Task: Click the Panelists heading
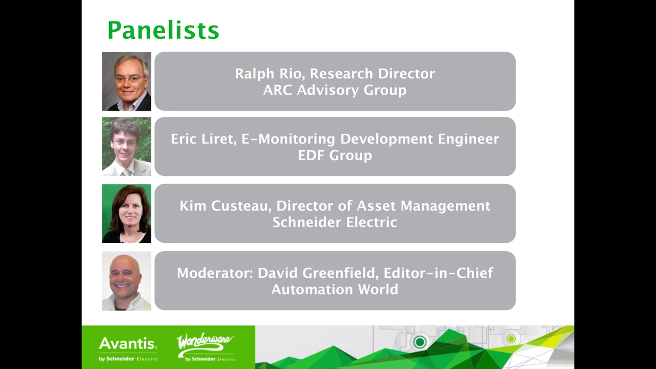tap(163, 30)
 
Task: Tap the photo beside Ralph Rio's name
tap(127, 81)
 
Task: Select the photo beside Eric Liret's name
tap(127, 147)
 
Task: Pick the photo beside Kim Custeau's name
tap(127, 213)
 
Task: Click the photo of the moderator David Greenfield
tap(127, 281)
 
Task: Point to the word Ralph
tap(254, 74)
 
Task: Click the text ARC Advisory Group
tap(335, 90)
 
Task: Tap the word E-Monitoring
tap(288, 139)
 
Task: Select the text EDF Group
tap(335, 156)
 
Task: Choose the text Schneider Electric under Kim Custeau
tap(335, 222)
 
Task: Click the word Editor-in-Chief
tap(438, 273)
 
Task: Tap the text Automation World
tap(335, 289)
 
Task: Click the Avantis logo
tap(128, 349)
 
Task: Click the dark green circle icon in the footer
tap(420, 342)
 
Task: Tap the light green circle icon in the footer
tap(511, 339)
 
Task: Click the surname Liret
tap(219, 139)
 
